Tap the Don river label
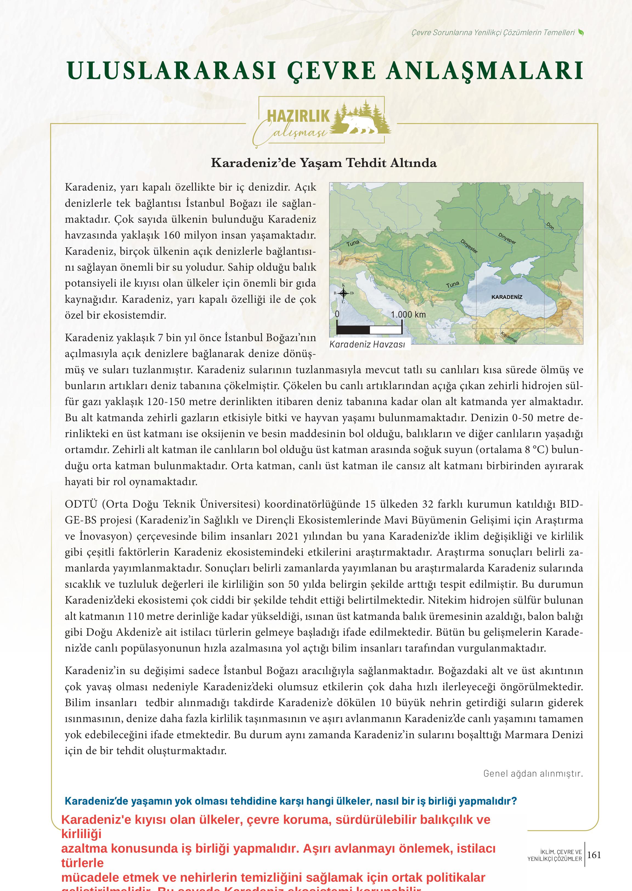pos(550,226)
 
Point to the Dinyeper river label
pos(507,238)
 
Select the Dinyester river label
pos(469,246)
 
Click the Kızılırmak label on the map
pos(509,337)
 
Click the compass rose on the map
pos(343,293)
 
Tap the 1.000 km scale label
pos(408,314)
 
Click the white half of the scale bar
pos(386,330)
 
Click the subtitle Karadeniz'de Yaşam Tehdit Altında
pos(323,163)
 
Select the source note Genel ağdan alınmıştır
pos(533,773)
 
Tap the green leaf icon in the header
pos(581,32)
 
